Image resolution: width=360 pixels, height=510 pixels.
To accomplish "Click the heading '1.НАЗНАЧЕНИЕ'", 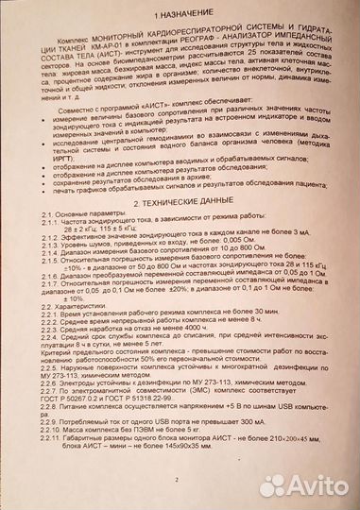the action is click(180, 17).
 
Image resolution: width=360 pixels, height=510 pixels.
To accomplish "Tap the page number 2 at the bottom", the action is click(177, 480).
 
